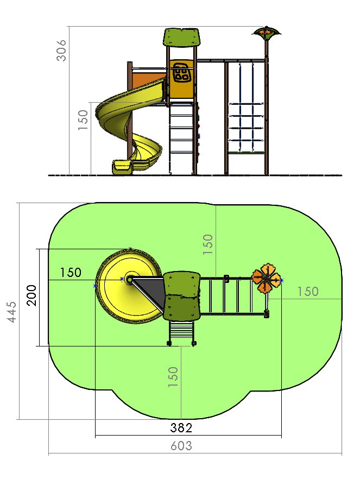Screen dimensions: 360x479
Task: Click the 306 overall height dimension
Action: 61,51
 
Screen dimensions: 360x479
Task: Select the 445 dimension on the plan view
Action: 12,312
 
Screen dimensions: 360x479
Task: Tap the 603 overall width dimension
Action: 181,446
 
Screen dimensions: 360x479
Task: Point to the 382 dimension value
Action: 181,428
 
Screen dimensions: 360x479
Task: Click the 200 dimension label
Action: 31,295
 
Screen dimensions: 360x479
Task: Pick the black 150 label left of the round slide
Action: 71,273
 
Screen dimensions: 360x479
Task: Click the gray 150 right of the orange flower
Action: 308,292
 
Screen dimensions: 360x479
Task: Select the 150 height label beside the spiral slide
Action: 83,120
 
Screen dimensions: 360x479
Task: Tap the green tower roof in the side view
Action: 181,37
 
